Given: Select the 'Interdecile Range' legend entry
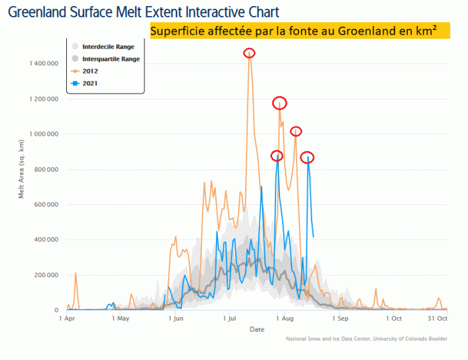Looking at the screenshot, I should point(107,47).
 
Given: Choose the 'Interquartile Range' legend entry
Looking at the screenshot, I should point(110,59).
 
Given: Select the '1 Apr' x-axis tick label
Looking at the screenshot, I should point(68,319).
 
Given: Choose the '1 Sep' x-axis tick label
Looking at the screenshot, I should point(339,319).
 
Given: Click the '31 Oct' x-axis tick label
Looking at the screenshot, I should point(437,319).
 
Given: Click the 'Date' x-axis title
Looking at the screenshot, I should point(257,329).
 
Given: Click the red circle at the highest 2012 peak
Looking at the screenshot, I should point(249,53).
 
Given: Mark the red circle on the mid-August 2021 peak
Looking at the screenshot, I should point(307,158).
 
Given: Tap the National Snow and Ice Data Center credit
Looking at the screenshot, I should point(366,339).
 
